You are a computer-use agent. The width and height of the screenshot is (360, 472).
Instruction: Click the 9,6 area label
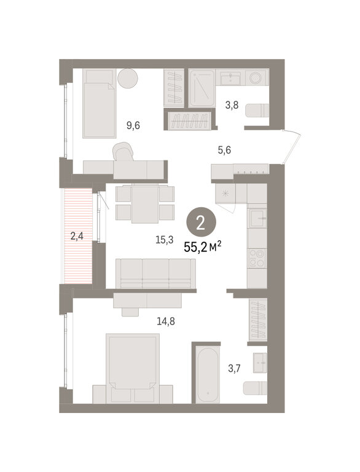click(133, 125)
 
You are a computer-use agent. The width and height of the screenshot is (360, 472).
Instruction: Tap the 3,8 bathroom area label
click(232, 105)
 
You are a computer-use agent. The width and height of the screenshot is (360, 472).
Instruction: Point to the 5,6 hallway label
click(224, 149)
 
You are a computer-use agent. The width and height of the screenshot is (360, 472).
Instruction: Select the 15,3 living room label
click(165, 240)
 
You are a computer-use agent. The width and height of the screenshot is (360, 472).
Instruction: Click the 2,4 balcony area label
click(77, 236)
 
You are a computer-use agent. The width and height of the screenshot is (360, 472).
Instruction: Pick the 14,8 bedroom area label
click(165, 322)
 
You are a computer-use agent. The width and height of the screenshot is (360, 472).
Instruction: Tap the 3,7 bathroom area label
click(234, 368)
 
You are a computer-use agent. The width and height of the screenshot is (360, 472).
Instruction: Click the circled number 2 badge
click(201, 223)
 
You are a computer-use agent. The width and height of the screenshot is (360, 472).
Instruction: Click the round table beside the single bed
click(128, 78)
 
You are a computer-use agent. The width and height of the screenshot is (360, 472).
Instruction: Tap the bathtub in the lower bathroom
click(208, 374)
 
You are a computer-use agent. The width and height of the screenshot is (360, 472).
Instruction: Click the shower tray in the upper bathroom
click(202, 88)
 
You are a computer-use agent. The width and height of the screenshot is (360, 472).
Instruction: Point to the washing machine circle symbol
click(256, 77)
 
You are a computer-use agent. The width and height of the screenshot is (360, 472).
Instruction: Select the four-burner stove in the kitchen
click(257, 258)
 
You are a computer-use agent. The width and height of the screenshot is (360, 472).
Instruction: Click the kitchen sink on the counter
click(257, 218)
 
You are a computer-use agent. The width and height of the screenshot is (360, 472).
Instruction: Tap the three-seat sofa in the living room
click(155, 273)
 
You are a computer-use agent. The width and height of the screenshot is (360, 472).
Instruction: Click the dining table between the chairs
click(145, 203)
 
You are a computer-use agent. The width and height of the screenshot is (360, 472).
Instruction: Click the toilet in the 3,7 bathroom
click(255, 388)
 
